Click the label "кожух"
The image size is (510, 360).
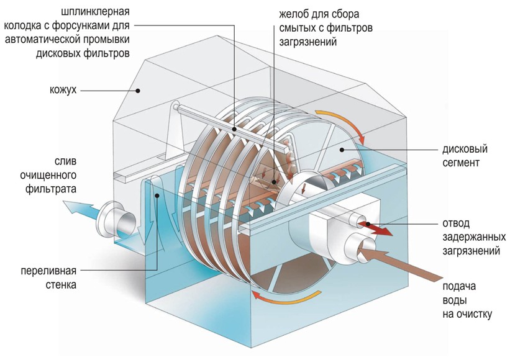coord(63,89)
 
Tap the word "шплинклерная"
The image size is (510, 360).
coord(95,12)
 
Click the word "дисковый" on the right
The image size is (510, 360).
coord(465,149)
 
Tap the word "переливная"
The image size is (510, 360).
coord(48,271)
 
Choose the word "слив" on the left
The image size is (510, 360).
coord(66,161)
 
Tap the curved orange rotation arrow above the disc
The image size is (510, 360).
coord(342,124)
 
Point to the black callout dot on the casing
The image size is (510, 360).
coord(138,91)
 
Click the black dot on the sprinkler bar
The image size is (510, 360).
coord(234,129)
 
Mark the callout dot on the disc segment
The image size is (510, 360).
coord(342,150)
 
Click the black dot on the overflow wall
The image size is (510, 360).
coord(157,196)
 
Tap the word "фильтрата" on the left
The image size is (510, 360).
coord(51,189)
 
